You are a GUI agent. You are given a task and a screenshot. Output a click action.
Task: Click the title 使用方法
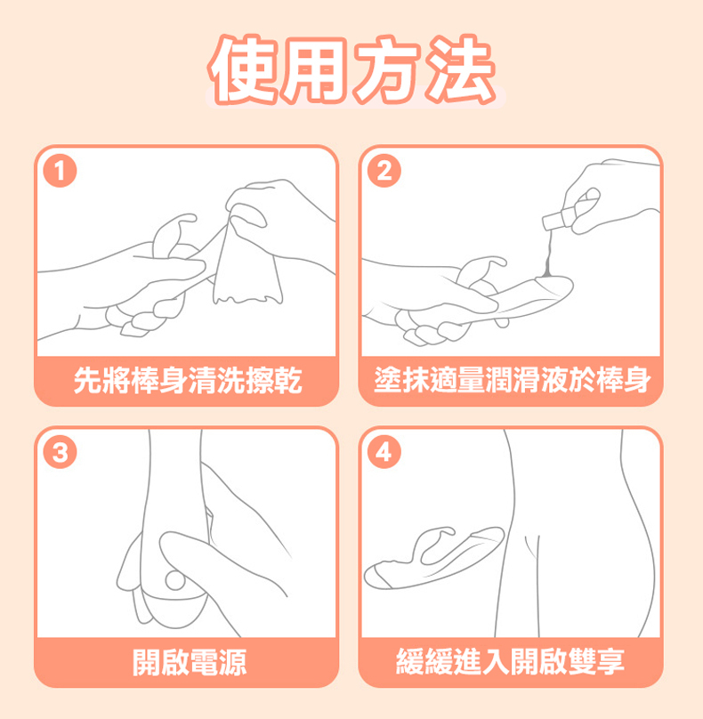pos(352,70)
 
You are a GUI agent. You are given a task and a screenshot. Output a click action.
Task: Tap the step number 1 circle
pos(60,171)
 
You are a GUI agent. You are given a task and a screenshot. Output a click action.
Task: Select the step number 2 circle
pos(384,171)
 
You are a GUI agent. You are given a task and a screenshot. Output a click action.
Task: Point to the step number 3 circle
pos(60,452)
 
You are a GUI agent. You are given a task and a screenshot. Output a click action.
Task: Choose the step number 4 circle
pos(384,452)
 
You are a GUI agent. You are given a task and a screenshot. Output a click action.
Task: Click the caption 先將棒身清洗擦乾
pos(188,381)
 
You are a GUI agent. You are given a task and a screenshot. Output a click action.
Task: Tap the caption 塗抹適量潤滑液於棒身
pos(513,381)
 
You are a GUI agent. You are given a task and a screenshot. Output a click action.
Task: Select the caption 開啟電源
pos(189,662)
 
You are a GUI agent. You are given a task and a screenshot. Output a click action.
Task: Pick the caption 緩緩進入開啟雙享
pos(510,662)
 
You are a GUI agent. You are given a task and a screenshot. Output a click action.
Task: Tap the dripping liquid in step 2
pos(547,257)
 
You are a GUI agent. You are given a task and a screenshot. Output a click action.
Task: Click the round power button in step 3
pos(174,580)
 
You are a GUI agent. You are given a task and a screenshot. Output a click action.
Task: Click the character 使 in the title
pos(243,70)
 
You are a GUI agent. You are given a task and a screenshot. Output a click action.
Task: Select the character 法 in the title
pos(461,70)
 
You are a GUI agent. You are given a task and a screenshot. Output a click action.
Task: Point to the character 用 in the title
pos(315,70)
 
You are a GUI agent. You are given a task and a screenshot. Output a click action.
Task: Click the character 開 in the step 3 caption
pos(146,662)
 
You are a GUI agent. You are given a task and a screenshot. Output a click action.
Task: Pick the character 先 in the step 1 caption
pos(87,381)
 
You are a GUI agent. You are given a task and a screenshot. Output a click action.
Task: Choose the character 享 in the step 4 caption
pos(610,662)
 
